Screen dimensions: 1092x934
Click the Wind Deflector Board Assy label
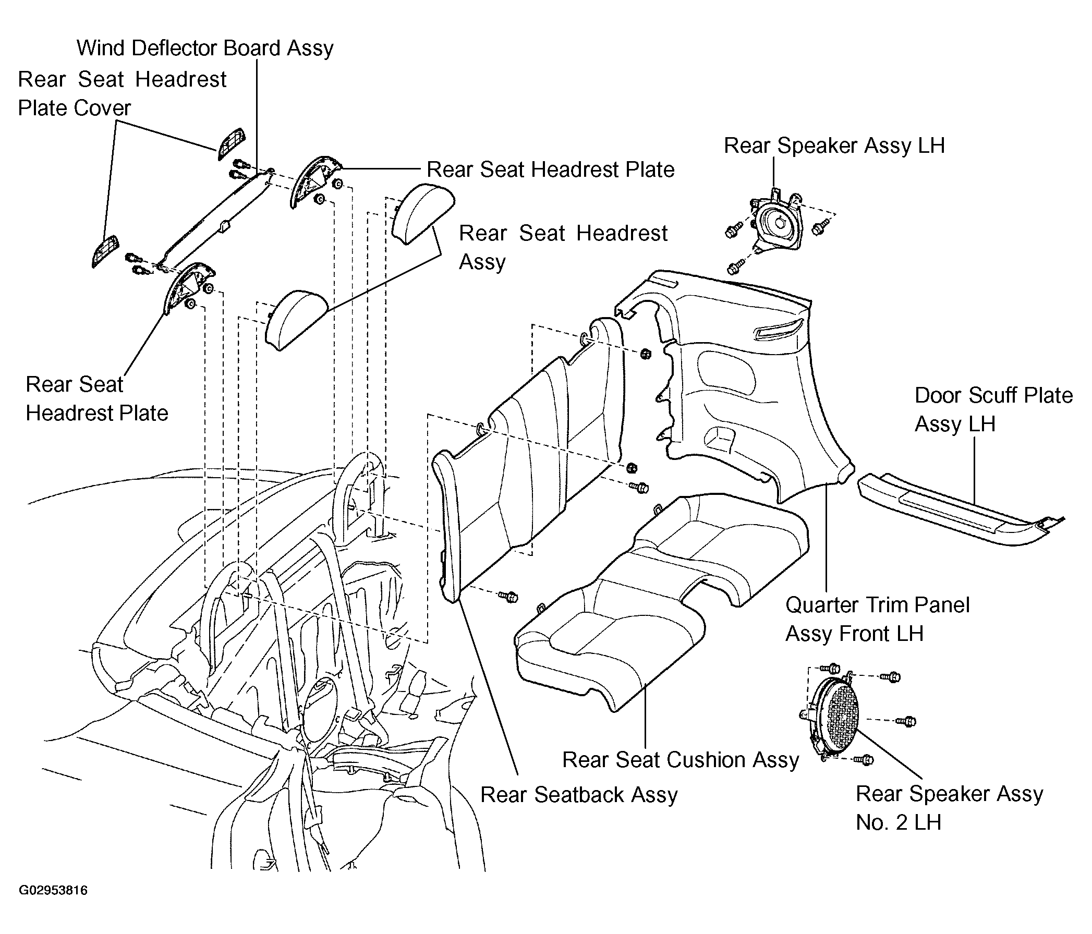(205, 48)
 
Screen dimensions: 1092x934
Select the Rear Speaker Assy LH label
(834, 146)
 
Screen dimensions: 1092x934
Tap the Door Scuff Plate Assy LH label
(993, 409)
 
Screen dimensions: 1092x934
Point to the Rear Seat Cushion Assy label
(681, 760)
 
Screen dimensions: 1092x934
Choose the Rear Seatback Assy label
(579, 795)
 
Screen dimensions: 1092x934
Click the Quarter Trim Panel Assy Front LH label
(878, 620)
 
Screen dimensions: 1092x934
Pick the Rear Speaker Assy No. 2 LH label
(949, 808)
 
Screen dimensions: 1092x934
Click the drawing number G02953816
(53, 891)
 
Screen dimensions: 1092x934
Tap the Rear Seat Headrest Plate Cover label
(122, 94)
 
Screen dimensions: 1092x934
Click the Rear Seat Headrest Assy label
(563, 247)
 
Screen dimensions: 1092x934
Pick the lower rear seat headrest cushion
(297, 320)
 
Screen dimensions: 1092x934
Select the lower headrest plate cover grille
(105, 252)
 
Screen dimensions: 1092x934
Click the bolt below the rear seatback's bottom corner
(508, 597)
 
